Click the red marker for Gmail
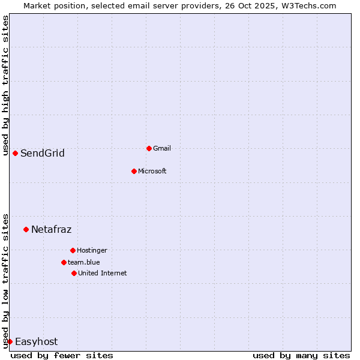[149, 148]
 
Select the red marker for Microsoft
[134, 171]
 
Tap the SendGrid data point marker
[15, 153]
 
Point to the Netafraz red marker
[26, 229]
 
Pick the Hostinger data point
[73, 250]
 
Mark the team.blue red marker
[64, 262]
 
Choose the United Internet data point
[74, 273]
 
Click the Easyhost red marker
[10, 341]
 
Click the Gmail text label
[162, 148]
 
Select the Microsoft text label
[152, 171]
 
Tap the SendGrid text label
[43, 154]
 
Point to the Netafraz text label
[52, 229]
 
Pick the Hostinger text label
[92, 250]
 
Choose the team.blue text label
[84, 262]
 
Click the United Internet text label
[103, 273]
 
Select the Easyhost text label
[37, 342]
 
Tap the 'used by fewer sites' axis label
[62, 355]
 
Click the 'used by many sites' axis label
[301, 355]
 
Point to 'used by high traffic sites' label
[5, 85]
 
